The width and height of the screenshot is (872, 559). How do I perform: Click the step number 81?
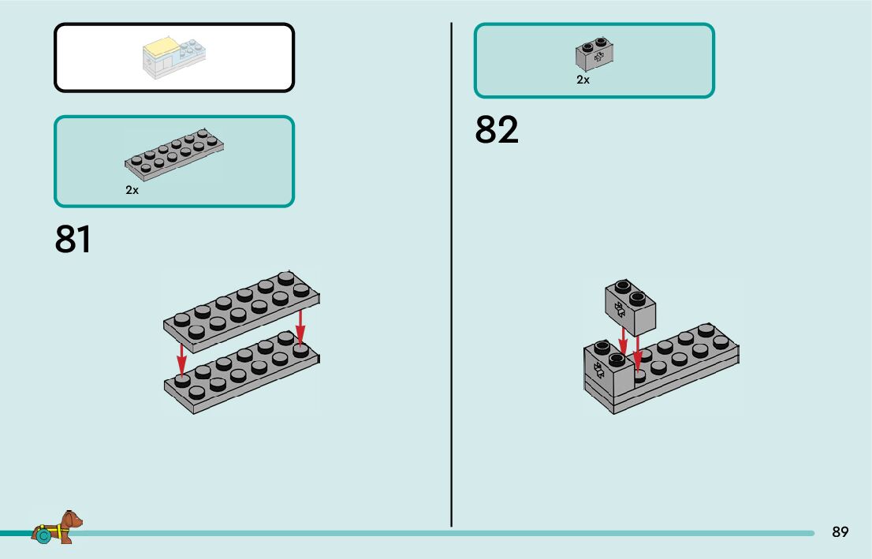point(73,240)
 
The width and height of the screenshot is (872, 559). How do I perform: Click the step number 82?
point(497,130)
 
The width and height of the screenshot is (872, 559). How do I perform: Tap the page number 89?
point(840,532)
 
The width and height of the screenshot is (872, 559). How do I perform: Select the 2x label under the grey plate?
point(132,190)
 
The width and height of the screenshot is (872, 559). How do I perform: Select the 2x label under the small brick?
point(583,80)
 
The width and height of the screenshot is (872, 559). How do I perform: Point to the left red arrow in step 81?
point(181,358)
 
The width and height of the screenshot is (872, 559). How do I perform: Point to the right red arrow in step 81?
point(300,326)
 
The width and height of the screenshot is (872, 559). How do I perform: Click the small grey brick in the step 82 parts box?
point(594,53)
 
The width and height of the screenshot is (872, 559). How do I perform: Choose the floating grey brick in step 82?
point(631,305)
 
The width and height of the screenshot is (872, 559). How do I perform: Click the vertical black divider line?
point(451,276)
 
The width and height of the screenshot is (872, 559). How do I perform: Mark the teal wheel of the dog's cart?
point(43,535)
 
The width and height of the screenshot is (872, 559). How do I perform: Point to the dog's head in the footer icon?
point(73,520)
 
